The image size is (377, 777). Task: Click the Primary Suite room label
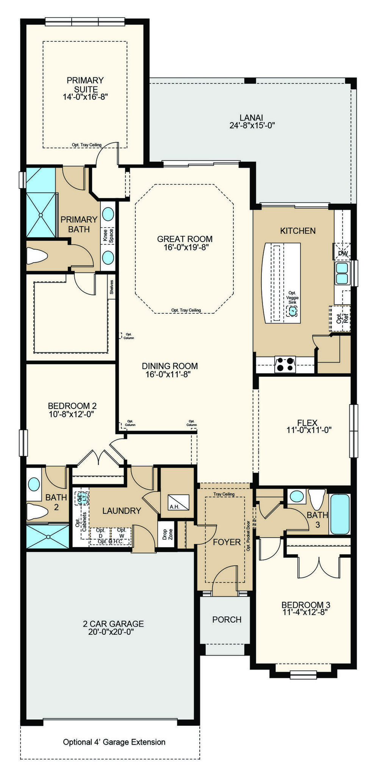click(85, 85)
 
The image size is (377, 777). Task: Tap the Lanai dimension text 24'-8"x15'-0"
click(252, 126)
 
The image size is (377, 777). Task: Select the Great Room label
click(185, 239)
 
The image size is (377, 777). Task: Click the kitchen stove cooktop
click(285, 364)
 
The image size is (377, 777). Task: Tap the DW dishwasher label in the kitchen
click(343, 253)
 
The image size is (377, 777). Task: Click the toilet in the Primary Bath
click(37, 256)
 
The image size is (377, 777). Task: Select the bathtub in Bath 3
click(340, 514)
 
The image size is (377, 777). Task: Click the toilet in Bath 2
click(37, 512)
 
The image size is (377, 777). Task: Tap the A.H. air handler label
click(174, 507)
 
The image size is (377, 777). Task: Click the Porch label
click(227, 620)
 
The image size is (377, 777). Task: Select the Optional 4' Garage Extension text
click(114, 742)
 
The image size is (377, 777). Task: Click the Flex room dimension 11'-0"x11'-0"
click(309, 430)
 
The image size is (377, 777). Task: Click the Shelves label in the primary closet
click(111, 287)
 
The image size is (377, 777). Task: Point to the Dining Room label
click(170, 366)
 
